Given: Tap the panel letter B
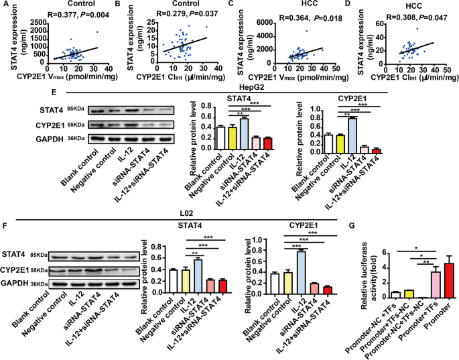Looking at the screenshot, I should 119,5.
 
